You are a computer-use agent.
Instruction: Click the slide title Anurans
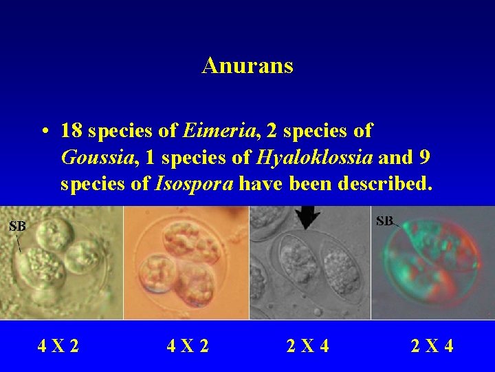pyautogui.click(x=247, y=65)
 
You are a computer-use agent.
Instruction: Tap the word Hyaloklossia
pyautogui.click(x=314, y=158)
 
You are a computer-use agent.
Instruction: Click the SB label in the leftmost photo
pyautogui.click(x=17, y=225)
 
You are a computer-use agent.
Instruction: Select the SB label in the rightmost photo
pyautogui.click(x=384, y=221)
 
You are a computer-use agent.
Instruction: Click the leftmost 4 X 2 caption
pyautogui.click(x=58, y=345)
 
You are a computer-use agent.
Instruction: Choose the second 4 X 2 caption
pyautogui.click(x=188, y=345)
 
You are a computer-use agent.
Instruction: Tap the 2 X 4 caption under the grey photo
pyautogui.click(x=307, y=345)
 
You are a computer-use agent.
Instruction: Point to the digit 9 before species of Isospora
pyautogui.click(x=424, y=158)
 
